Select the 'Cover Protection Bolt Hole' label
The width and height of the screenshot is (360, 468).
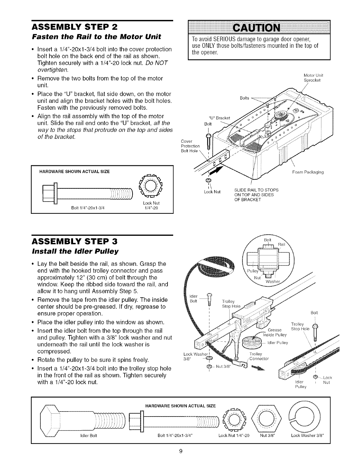click(x=190, y=146)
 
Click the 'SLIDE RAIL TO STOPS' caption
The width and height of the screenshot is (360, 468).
click(x=256, y=190)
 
